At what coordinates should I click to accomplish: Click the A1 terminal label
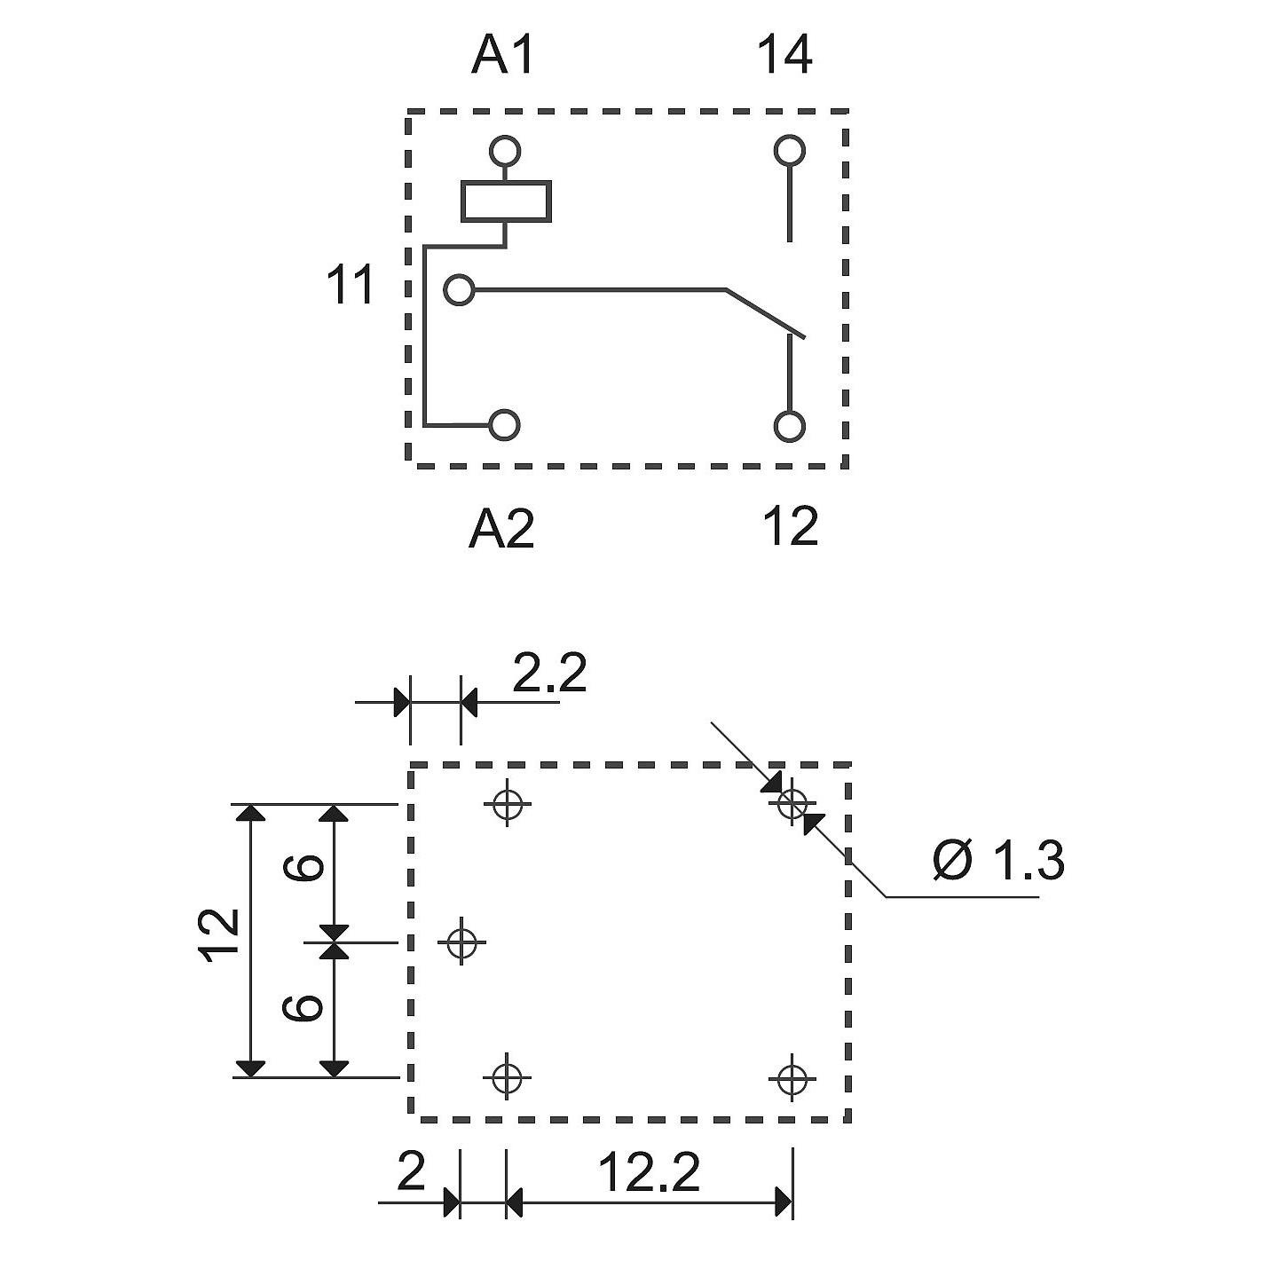(x=502, y=56)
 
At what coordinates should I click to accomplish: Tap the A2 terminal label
(x=502, y=527)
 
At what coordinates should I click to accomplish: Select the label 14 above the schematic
(x=784, y=56)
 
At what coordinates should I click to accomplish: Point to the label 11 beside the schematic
(x=351, y=285)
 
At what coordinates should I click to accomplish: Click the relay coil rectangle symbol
(x=507, y=201)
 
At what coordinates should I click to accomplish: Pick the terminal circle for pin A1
(x=505, y=151)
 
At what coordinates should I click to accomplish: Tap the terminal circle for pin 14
(x=789, y=151)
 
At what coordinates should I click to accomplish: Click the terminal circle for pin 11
(x=460, y=290)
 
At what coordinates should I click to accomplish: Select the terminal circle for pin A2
(x=505, y=425)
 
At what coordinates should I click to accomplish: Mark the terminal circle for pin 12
(x=789, y=428)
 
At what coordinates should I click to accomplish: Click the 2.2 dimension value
(x=549, y=673)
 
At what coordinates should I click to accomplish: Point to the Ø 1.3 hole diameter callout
(x=998, y=860)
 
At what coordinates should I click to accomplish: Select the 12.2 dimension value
(x=650, y=1172)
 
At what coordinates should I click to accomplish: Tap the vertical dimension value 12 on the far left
(x=218, y=936)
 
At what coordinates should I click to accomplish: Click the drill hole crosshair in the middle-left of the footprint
(x=462, y=942)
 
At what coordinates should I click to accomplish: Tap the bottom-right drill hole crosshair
(x=792, y=1077)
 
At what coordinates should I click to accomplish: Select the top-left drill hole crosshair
(x=507, y=802)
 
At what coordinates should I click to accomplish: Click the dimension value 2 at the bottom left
(x=412, y=1172)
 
